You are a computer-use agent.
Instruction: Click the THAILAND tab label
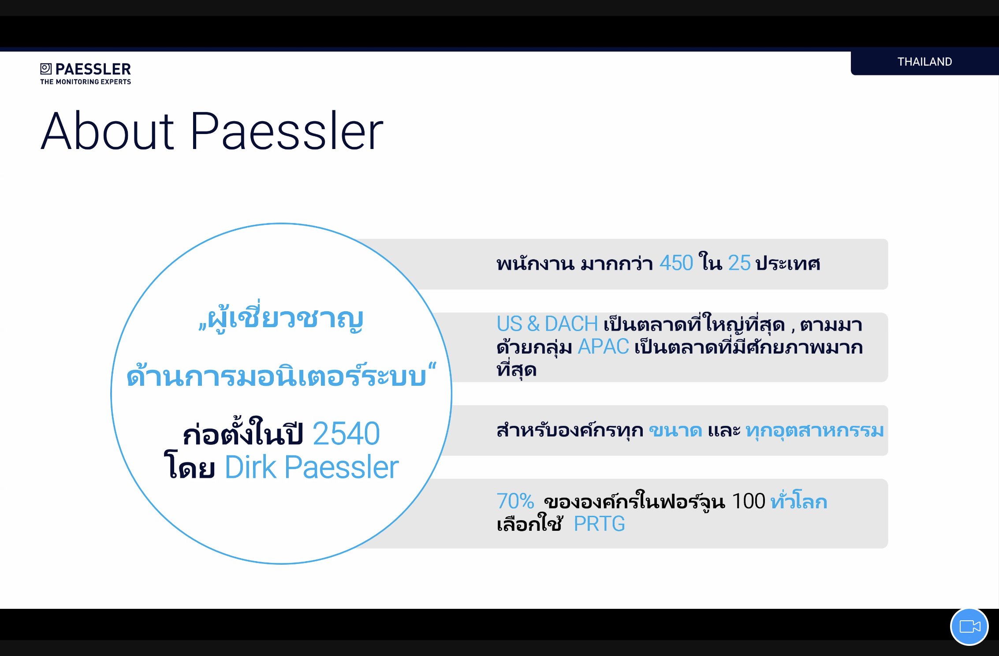924,62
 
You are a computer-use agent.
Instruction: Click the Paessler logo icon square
46,68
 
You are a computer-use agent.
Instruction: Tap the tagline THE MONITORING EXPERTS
86,82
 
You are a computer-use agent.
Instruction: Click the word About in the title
108,131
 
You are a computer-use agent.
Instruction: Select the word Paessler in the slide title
287,131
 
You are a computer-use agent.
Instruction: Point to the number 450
676,263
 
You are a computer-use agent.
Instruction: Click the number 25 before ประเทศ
739,263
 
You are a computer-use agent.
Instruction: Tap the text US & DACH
547,324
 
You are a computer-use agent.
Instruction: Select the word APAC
603,347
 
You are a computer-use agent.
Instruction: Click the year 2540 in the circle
346,434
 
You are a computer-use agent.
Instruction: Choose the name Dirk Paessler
312,467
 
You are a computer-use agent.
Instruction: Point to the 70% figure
515,501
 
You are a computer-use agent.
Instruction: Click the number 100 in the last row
749,501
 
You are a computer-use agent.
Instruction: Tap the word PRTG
600,524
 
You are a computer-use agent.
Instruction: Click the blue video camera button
969,626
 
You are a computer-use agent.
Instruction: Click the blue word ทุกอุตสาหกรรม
815,431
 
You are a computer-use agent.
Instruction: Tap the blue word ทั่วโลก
799,500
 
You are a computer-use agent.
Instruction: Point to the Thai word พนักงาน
536,263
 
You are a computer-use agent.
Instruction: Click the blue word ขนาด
675,431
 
